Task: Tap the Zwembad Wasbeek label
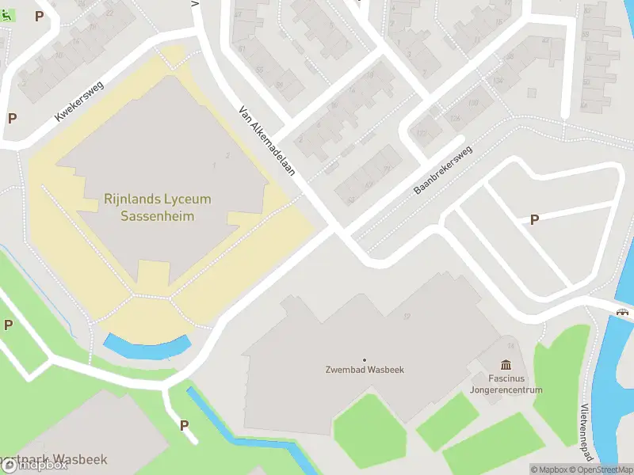[x=365, y=370]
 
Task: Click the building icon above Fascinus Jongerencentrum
[x=506, y=364]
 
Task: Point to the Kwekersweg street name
[x=79, y=101]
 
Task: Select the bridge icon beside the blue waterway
[x=624, y=312]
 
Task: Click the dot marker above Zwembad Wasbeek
[x=365, y=360]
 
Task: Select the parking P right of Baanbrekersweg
[x=534, y=220]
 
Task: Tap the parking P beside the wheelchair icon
[x=39, y=16]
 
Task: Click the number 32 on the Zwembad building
[x=407, y=317]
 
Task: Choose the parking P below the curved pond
[x=185, y=425]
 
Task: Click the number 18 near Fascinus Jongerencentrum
[x=510, y=346]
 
